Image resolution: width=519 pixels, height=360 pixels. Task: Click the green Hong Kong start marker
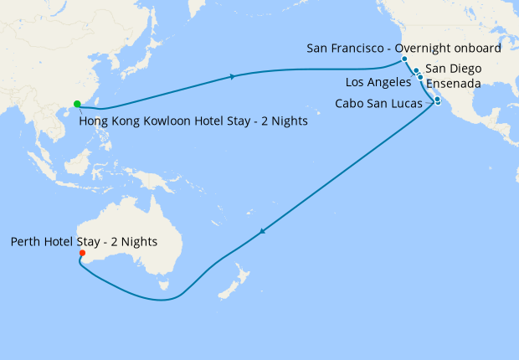pos(77,104)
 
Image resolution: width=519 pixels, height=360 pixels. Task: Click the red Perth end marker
pos(81,254)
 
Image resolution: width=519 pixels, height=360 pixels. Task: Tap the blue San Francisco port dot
pos(404,59)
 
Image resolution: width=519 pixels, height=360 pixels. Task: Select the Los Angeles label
pos(378,83)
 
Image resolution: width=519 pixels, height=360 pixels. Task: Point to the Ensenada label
pos(453,84)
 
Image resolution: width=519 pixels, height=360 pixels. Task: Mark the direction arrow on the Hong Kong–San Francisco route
pos(232,77)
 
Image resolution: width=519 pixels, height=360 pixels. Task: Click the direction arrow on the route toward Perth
pos(264,233)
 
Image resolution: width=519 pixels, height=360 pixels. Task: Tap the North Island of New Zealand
pos(244,277)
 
